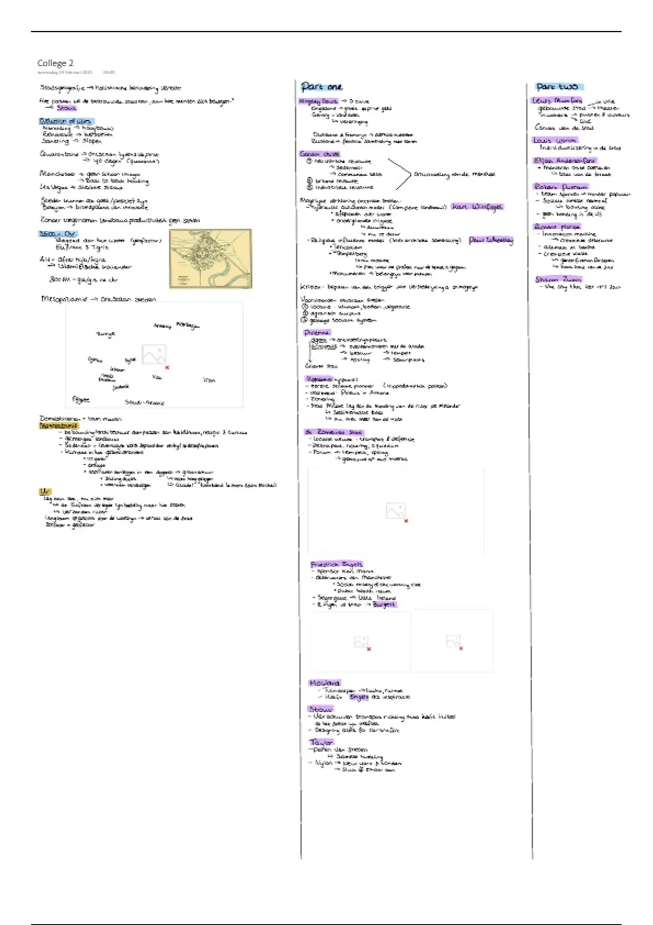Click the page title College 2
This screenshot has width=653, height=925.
pos(55,63)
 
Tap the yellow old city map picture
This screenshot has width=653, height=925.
pos(210,258)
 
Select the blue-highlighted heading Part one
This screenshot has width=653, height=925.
pos(322,87)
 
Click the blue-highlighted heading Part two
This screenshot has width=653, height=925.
pos(557,87)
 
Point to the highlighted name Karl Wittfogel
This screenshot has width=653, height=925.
pos(477,207)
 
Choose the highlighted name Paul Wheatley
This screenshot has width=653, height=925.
pos(490,240)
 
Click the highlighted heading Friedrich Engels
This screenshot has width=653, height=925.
pos(336,564)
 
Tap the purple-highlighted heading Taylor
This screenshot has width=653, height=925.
pos(321,742)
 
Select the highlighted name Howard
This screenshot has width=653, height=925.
pos(324,683)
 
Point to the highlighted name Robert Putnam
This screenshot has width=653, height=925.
pos(560,187)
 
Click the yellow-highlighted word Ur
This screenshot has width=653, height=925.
pos(45,492)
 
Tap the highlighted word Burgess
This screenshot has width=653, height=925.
pos(384,605)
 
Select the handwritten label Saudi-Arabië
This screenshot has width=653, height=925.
pos(144,403)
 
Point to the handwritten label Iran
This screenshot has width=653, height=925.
pos(209,380)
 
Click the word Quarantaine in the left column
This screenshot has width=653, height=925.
pos(59,154)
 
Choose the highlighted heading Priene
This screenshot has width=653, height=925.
pos(317,332)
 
